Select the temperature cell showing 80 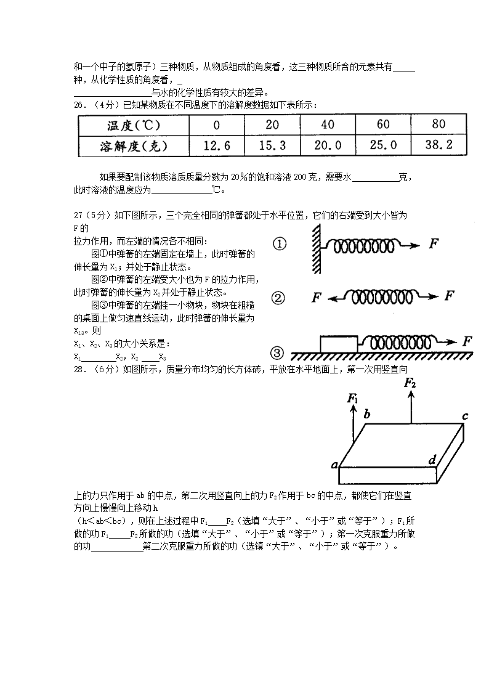click(x=438, y=124)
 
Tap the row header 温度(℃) click(x=134, y=125)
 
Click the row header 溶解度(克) click(x=134, y=146)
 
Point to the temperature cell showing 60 click(x=383, y=124)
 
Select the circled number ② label click(x=278, y=298)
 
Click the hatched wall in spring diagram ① click(x=315, y=245)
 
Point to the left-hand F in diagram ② click(x=317, y=298)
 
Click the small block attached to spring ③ click(x=339, y=343)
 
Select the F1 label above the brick click(x=353, y=399)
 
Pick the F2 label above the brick click(x=410, y=383)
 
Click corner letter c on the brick click(x=465, y=416)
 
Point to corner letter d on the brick click(x=432, y=459)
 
